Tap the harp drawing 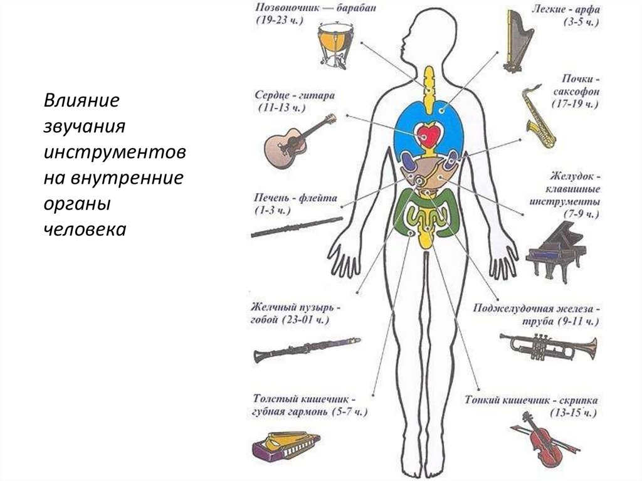coord(518,41)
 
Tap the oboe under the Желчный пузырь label coord(307,348)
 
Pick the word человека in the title coord(85,229)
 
